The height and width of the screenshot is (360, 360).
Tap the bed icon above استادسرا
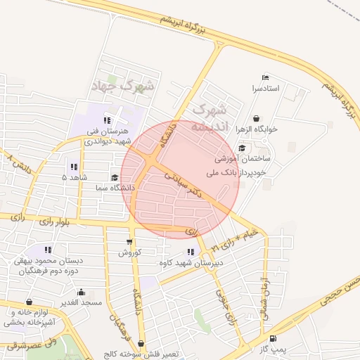tap(265, 77)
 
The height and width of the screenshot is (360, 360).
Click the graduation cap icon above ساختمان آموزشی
tap(242, 148)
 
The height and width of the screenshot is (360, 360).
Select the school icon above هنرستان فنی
tap(108, 120)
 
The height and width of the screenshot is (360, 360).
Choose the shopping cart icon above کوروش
tap(131, 240)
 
